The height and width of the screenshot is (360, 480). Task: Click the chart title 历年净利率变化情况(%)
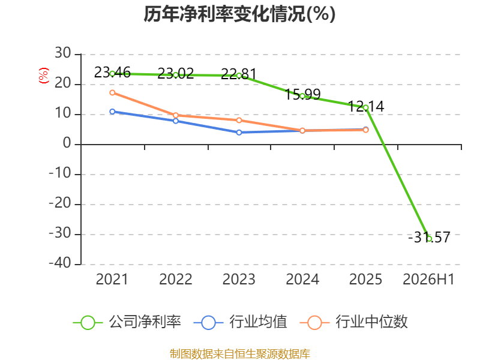click(x=239, y=14)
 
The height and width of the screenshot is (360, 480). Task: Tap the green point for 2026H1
click(x=429, y=239)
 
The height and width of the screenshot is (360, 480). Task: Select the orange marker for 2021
click(x=112, y=92)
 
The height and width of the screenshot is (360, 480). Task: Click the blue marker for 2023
click(x=239, y=132)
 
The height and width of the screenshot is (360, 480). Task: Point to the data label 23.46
click(x=112, y=73)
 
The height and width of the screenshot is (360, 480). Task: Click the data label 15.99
click(x=302, y=94)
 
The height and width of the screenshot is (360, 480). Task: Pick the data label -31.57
click(x=429, y=237)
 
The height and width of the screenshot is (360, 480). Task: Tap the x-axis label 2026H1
click(x=428, y=279)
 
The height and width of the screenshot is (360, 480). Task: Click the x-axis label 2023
click(x=239, y=279)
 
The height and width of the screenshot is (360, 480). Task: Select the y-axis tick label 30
click(x=63, y=53)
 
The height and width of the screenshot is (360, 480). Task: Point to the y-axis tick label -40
click(x=60, y=263)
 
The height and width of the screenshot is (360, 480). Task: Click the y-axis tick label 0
click(x=67, y=143)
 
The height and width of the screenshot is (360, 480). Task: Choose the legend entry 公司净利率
click(x=127, y=322)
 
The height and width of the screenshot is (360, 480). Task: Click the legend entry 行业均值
click(x=241, y=322)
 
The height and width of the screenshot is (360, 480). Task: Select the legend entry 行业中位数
click(x=353, y=322)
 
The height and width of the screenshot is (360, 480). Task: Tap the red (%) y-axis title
click(x=43, y=76)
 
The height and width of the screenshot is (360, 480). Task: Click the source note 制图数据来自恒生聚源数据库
click(x=240, y=354)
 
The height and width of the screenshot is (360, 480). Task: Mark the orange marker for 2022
click(x=176, y=115)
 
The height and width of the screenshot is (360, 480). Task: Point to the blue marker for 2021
click(x=112, y=112)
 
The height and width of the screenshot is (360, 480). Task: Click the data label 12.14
click(x=366, y=106)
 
